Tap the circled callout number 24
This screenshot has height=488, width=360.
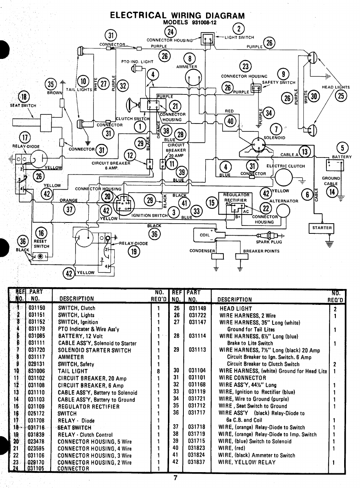[171, 32]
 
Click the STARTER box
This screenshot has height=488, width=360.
[322, 228]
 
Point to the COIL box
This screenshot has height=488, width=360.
[205, 235]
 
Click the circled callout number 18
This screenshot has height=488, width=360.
[25, 97]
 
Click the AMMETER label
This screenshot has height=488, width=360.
[186, 67]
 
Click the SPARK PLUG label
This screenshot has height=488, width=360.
[269, 242]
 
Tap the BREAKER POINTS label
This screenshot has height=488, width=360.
[261, 251]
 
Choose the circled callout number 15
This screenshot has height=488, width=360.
[212, 203]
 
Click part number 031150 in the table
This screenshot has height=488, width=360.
[37, 308]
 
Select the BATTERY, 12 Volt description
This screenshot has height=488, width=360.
[80, 336]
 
